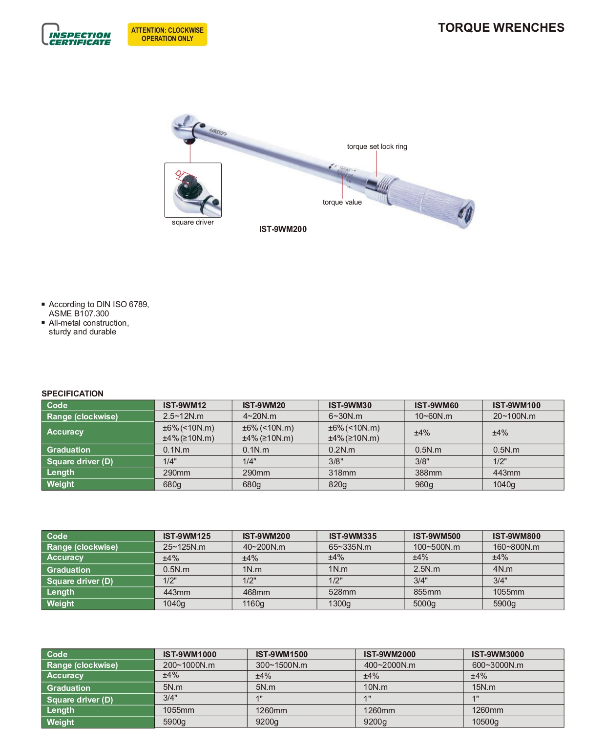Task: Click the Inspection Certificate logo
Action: point(77,35)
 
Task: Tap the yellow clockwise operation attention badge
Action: point(167,34)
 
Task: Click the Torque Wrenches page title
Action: point(501,28)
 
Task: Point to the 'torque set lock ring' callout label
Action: point(377,146)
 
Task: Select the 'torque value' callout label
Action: point(342,202)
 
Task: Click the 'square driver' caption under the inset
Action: point(193,222)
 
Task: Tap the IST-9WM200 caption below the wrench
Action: point(283,229)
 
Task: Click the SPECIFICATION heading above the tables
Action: point(72,394)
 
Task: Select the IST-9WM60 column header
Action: point(437,405)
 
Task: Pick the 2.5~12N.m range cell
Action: point(184,416)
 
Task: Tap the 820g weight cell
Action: point(338,484)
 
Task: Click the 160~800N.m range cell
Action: point(516,547)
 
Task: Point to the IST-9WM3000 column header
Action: point(498,654)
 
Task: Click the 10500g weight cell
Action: point(485,722)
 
